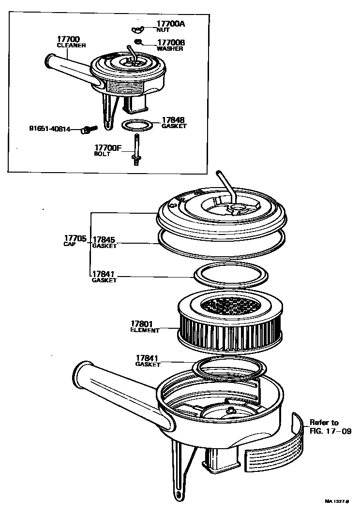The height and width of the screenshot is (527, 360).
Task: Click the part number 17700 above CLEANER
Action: tap(69, 39)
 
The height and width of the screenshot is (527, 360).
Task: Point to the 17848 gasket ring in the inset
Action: tap(137, 125)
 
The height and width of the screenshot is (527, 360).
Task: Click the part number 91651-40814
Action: tap(50, 129)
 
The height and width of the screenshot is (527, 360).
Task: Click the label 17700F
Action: tap(107, 147)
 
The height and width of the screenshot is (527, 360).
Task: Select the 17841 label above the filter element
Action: tap(104, 274)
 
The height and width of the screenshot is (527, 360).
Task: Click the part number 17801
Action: tap(142, 324)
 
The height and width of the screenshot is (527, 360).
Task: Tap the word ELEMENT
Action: tap(144, 331)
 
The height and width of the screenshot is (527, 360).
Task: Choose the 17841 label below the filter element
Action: tap(147, 358)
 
